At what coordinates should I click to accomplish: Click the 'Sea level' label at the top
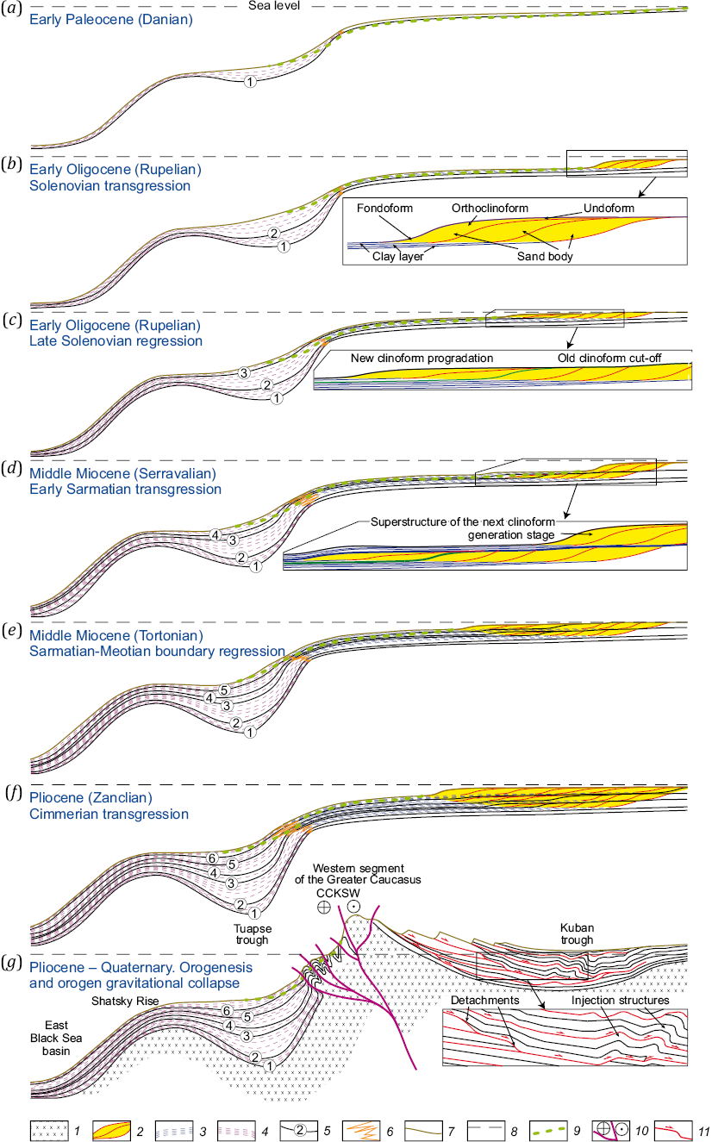(x=274, y=6)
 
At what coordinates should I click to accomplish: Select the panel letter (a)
(x=11, y=9)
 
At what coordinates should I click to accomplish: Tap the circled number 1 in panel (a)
(x=250, y=81)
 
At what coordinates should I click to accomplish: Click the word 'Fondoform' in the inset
(x=384, y=208)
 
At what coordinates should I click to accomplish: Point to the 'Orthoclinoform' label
(x=490, y=208)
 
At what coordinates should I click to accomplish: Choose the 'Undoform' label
(x=609, y=208)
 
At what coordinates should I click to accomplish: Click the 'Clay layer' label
(x=398, y=257)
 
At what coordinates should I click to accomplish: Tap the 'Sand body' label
(x=545, y=257)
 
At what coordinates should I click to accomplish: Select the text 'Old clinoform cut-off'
(x=609, y=358)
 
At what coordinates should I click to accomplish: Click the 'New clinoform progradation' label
(x=422, y=358)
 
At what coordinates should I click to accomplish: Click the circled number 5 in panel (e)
(x=224, y=690)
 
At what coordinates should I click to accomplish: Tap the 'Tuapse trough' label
(x=253, y=934)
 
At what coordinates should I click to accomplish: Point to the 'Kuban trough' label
(x=577, y=933)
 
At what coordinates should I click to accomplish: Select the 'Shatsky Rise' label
(x=125, y=1002)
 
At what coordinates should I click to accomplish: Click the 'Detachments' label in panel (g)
(x=484, y=1001)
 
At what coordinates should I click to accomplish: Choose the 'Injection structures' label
(x=620, y=1001)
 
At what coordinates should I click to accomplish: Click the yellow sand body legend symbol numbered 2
(x=111, y=1130)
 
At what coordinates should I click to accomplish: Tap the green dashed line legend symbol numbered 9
(x=548, y=1130)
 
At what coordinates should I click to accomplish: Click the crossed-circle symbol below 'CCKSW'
(x=324, y=907)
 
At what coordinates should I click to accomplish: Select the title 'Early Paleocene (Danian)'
(x=111, y=20)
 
